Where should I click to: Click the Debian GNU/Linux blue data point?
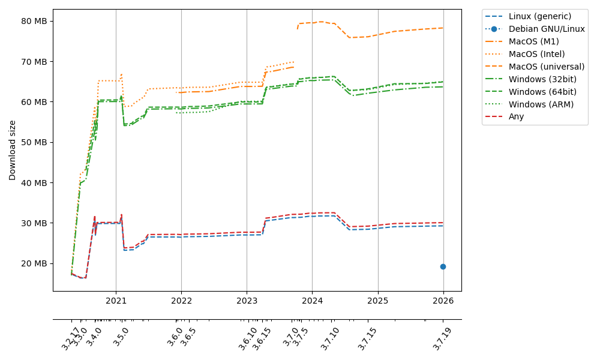click(443, 266)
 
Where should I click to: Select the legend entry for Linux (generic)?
click(539, 16)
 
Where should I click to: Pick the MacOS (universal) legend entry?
click(546, 67)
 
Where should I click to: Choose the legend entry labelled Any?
click(516, 116)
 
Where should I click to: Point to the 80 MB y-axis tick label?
click(34, 21)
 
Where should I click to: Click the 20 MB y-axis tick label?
click(34, 263)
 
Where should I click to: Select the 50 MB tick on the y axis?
click(34, 142)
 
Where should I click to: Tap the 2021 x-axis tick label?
click(116, 300)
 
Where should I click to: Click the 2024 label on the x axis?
click(312, 300)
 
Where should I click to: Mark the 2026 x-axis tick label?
click(443, 300)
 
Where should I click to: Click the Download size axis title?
click(13, 150)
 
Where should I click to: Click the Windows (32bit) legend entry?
click(542, 79)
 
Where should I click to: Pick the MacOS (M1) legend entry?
click(532, 41)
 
